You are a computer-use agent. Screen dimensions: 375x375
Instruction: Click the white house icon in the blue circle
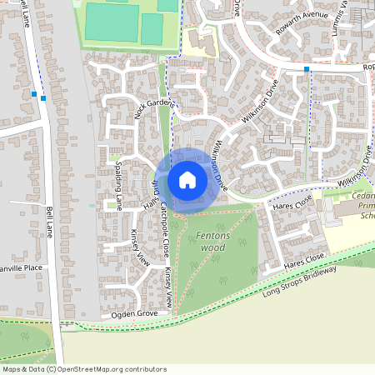(187, 179)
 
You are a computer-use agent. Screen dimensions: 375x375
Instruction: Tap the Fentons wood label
(212, 242)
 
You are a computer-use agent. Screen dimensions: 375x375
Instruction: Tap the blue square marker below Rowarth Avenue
(307, 68)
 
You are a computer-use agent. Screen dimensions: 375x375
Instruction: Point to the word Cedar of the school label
(364, 197)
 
